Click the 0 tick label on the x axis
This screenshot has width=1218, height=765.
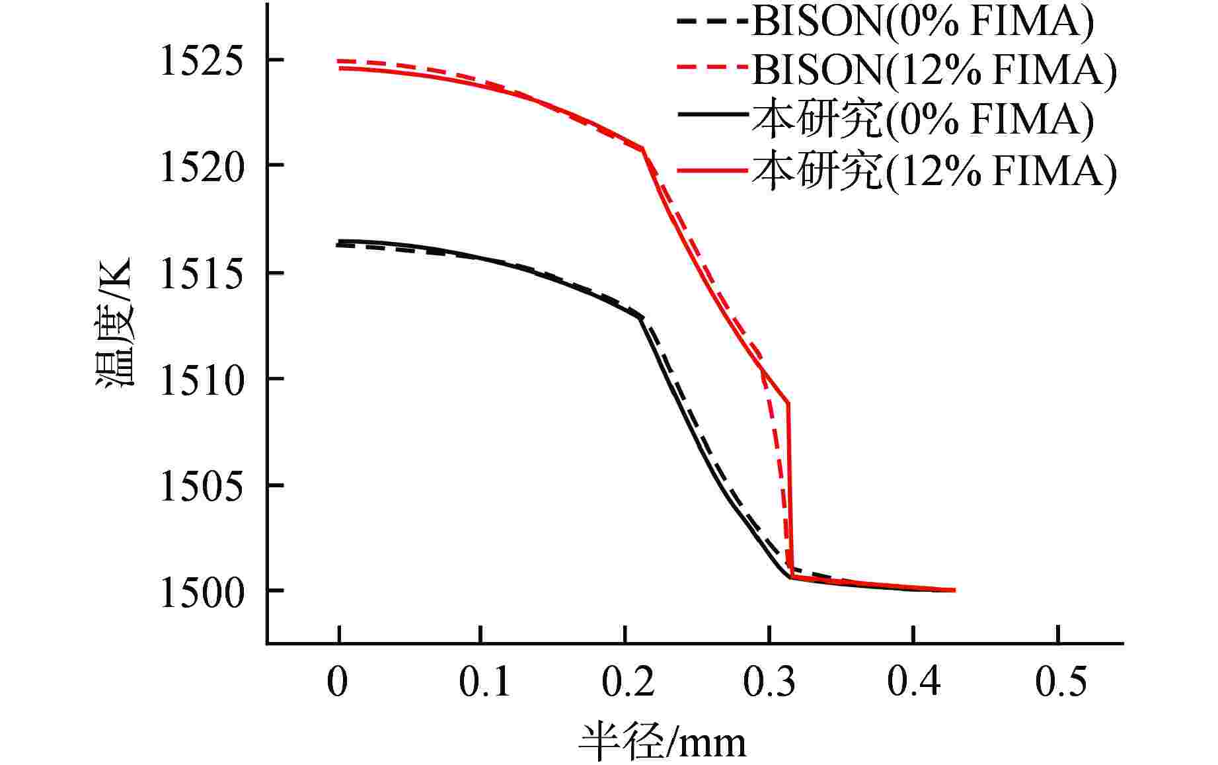pos(338,682)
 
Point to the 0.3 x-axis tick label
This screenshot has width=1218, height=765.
pos(770,682)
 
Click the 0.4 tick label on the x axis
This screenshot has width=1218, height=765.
pos(914,682)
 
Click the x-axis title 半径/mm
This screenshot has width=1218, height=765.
pos(662,742)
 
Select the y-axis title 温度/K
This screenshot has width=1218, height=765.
pos(116,322)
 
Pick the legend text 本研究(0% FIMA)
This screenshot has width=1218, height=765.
pos(923,120)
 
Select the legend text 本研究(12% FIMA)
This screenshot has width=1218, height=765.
pos(934,171)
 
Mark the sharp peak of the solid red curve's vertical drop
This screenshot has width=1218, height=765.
pos(788,403)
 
